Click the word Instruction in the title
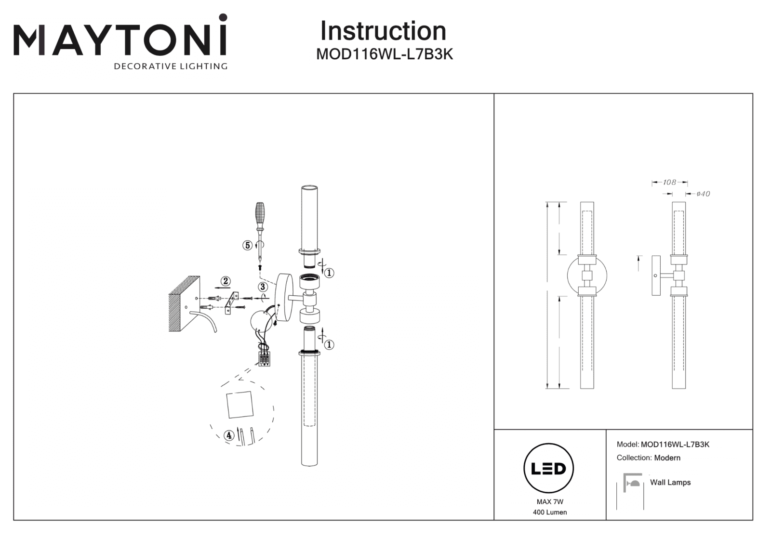point(383,31)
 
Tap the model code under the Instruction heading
point(385,54)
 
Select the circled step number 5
point(248,245)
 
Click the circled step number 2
point(226,281)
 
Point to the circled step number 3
point(263,287)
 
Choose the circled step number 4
point(229,435)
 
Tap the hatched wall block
point(184,304)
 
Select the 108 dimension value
point(669,182)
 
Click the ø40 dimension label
point(703,194)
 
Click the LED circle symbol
point(549,468)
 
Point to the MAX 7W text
point(550,502)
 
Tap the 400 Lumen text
point(550,512)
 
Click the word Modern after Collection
point(667,458)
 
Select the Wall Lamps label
point(670,482)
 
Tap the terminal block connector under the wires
point(265,359)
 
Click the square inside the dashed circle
point(240,405)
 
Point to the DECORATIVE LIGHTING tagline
point(171,66)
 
